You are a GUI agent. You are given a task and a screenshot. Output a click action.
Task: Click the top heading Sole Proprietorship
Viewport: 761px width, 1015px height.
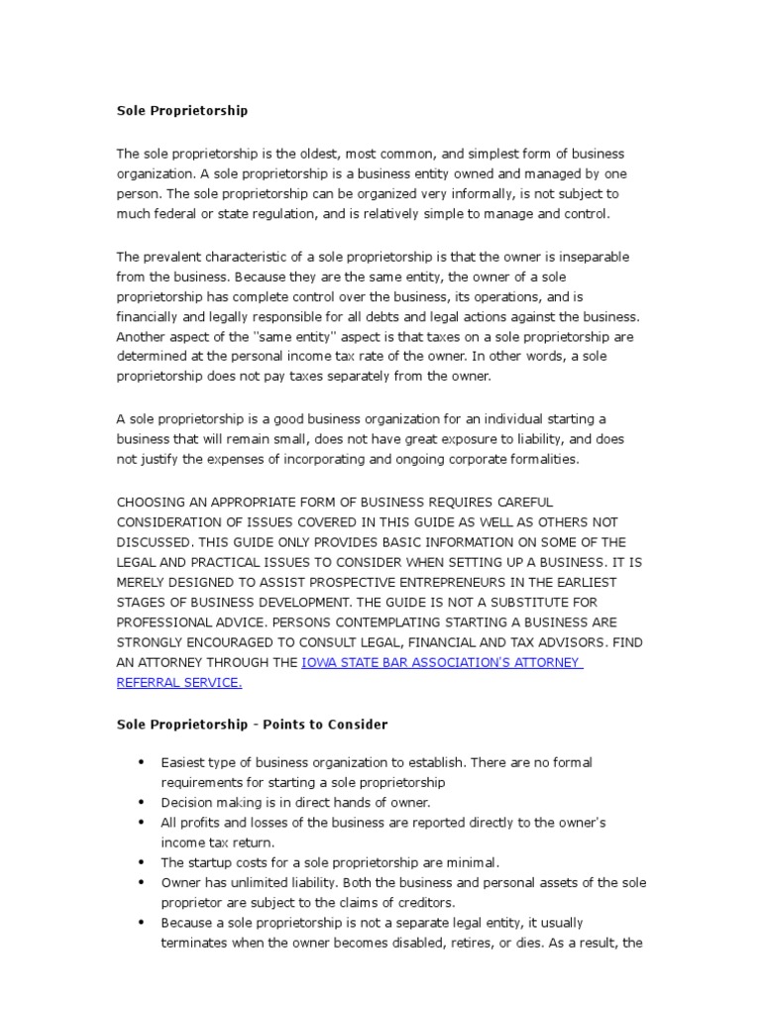[182, 111]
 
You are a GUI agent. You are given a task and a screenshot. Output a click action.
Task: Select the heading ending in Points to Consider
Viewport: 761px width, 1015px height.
[252, 725]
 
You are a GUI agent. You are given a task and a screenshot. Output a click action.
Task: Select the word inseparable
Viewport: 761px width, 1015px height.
[592, 257]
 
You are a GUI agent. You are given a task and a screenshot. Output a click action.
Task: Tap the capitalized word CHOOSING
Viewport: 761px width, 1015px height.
[152, 503]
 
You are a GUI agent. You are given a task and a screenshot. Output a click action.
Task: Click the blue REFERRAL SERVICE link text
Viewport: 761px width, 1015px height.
[178, 683]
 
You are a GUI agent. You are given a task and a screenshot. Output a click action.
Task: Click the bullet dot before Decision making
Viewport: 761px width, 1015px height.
[141, 803]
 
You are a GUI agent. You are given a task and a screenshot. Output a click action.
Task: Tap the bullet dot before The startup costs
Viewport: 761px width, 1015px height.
[141, 862]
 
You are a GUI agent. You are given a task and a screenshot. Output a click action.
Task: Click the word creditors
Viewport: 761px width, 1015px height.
[421, 903]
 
